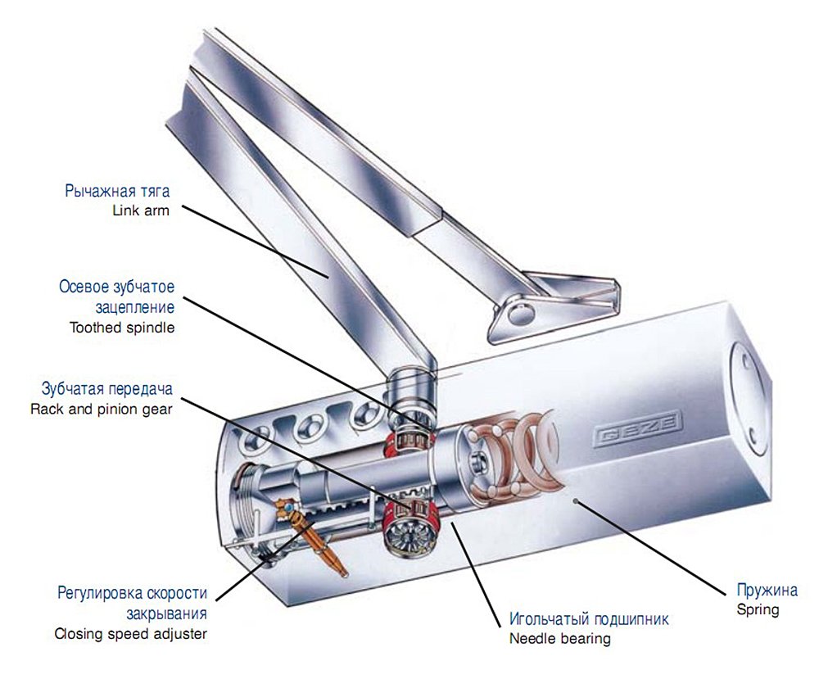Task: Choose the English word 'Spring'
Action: [757, 609]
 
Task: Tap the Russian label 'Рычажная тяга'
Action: [117, 192]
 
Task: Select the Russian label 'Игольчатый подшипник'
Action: [589, 619]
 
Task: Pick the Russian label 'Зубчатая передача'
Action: [106, 389]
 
